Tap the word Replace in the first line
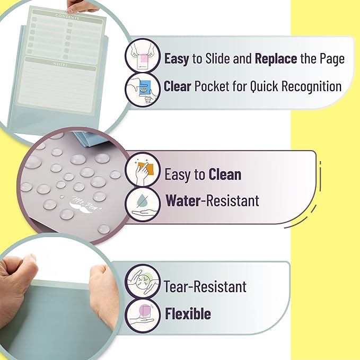[x=276, y=58]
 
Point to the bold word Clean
[x=225, y=174]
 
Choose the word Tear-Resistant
[x=205, y=287]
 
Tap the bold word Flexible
[x=188, y=313]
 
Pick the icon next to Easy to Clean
[x=143, y=170]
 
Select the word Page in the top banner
[x=330, y=58]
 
